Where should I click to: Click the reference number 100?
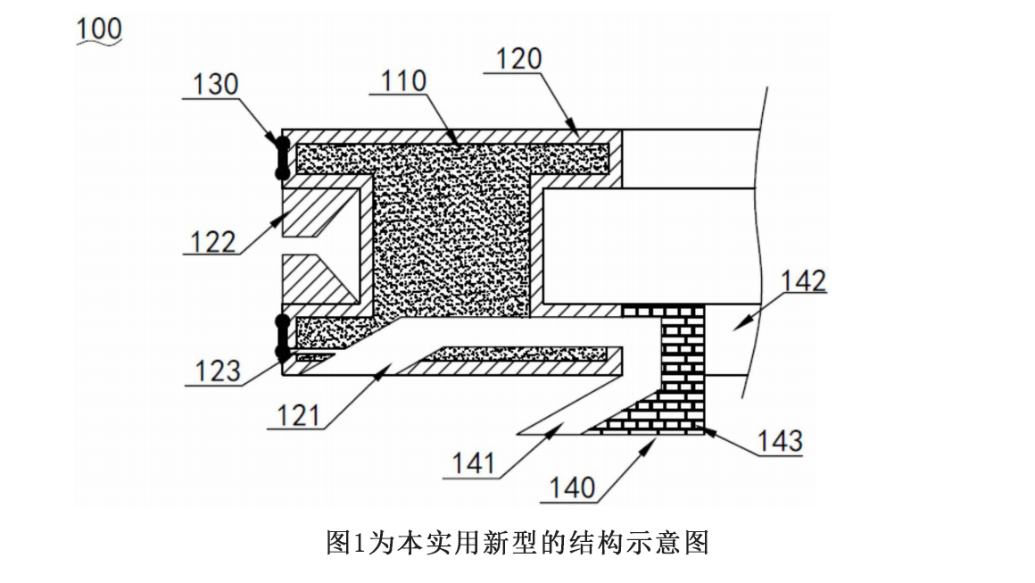pyautogui.click(x=100, y=29)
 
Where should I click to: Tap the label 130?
pyautogui.click(x=216, y=85)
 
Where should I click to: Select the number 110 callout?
pyautogui.click(x=403, y=81)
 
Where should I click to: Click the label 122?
pyautogui.click(x=214, y=242)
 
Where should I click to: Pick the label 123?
pyautogui.click(x=218, y=371)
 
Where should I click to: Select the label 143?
pyautogui.click(x=779, y=440)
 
